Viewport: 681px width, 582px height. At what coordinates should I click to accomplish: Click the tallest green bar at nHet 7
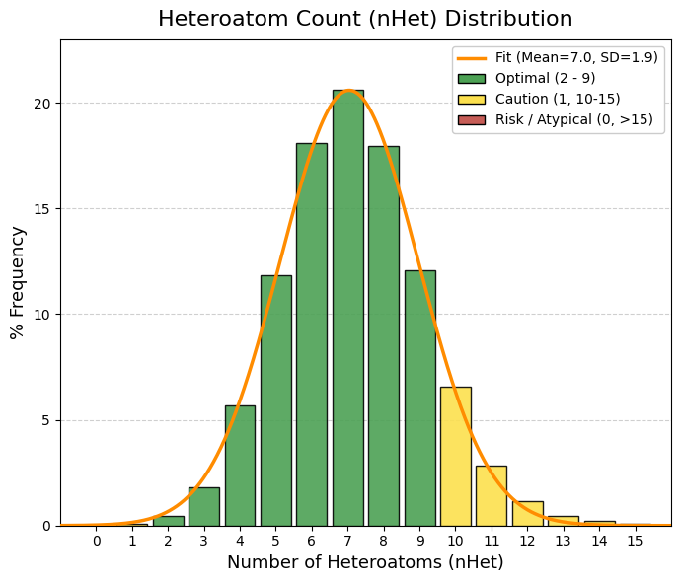point(347,308)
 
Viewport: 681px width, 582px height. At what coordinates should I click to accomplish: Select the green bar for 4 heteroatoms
point(240,466)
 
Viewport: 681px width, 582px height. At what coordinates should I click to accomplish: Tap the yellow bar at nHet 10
point(455,456)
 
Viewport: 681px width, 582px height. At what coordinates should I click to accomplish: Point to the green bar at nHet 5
point(275,400)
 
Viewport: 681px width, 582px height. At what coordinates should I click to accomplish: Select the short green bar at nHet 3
point(204,506)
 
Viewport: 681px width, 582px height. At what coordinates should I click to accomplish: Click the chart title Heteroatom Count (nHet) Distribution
point(365,19)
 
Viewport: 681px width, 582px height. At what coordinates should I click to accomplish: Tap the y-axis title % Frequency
point(18,282)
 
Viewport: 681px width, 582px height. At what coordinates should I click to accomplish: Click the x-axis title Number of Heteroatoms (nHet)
point(365,562)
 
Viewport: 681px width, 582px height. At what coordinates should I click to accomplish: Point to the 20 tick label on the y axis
point(43,104)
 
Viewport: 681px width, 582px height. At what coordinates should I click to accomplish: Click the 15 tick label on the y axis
point(43,209)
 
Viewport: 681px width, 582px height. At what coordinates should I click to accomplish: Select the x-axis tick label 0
point(97,541)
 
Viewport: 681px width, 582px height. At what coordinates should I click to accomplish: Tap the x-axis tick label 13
point(563,541)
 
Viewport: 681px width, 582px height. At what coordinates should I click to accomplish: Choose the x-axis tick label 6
point(312,541)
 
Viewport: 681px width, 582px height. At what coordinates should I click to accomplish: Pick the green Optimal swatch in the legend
point(472,79)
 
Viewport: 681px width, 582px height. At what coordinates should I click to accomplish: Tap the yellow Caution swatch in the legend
point(472,100)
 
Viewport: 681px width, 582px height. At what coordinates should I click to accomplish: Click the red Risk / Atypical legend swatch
point(472,120)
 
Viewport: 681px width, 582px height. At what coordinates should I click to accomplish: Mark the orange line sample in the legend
point(472,58)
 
